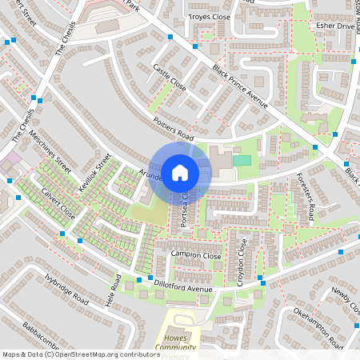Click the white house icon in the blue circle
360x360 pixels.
(x=180, y=172)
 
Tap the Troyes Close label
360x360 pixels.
(x=209, y=16)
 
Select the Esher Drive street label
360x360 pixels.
(x=334, y=26)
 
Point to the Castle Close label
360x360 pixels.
(x=169, y=77)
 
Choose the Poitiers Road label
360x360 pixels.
(x=173, y=126)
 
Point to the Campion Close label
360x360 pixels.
(x=195, y=254)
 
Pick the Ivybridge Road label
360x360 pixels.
(x=66, y=295)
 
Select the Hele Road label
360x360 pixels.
(x=113, y=293)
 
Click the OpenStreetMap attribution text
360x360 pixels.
(x=80, y=354)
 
